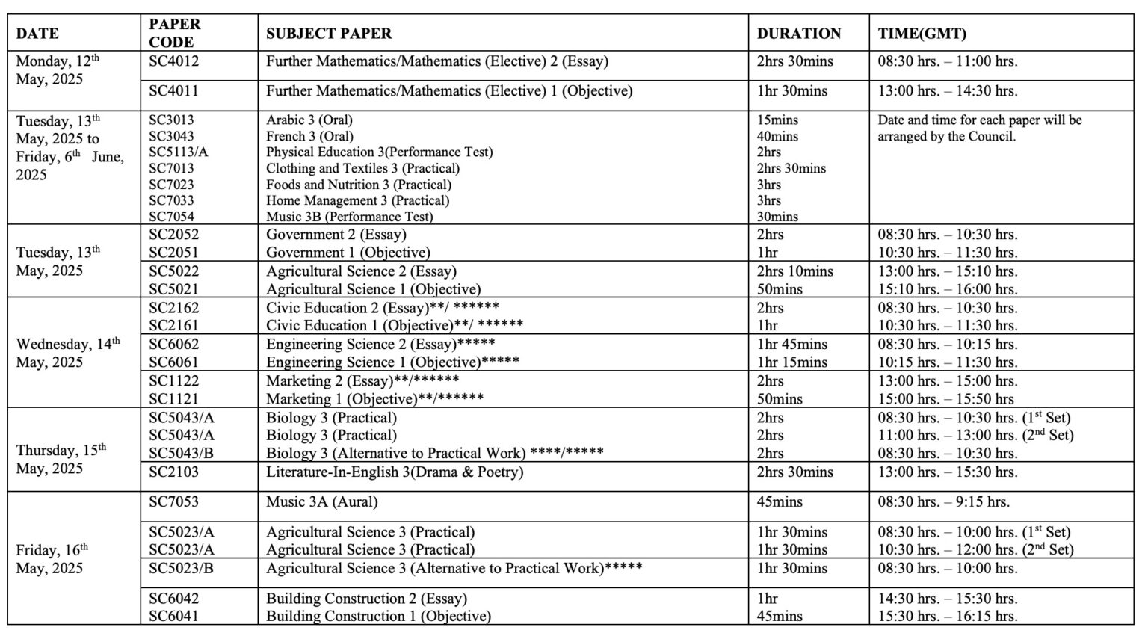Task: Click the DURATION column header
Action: [x=798, y=34]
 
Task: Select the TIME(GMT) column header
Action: [x=922, y=34]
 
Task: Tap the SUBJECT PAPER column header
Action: [x=328, y=34]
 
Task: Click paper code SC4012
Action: [x=173, y=61]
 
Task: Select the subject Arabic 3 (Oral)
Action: [x=309, y=120]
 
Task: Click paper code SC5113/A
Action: [x=178, y=152]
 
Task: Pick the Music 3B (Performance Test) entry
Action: [x=349, y=217]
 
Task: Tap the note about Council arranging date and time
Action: [x=979, y=128]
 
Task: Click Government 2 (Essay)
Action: [x=336, y=235]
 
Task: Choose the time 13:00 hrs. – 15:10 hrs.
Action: [x=947, y=271]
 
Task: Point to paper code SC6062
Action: [x=173, y=344]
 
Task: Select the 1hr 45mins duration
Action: [x=791, y=344]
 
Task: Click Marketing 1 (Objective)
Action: [x=374, y=398]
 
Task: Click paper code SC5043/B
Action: [x=181, y=453]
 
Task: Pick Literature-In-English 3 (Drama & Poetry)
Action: [x=394, y=472]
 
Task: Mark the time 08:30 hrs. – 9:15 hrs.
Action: [x=943, y=502]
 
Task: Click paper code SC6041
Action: [x=173, y=616]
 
